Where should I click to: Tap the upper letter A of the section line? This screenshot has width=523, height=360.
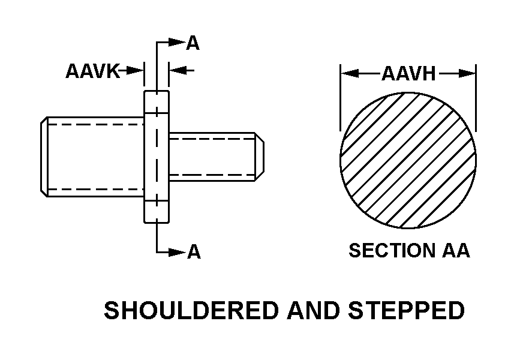click(193, 43)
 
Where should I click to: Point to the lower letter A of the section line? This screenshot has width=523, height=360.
click(193, 253)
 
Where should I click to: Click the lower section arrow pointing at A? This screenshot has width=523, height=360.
click(175, 253)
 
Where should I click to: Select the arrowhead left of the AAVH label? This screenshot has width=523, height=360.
click(350, 74)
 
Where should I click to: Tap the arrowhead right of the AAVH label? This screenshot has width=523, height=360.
click(467, 74)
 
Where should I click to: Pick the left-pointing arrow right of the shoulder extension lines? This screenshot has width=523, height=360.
click(181, 71)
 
